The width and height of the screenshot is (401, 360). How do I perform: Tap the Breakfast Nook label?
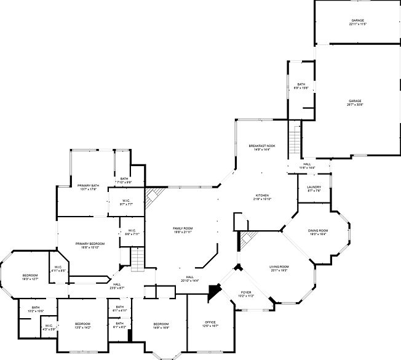(x=262, y=146)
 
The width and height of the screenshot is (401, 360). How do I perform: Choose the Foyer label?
(x=246, y=294)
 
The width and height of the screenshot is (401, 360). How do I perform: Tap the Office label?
(x=210, y=323)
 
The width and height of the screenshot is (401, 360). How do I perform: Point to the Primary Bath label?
(x=89, y=186)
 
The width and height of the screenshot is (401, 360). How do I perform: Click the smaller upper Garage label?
(x=357, y=22)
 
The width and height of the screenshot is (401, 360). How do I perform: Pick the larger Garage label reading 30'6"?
(x=355, y=102)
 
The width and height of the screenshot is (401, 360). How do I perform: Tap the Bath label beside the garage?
(x=301, y=86)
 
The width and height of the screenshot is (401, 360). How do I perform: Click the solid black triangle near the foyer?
(x=214, y=290)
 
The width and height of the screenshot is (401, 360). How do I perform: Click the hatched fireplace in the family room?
(x=152, y=198)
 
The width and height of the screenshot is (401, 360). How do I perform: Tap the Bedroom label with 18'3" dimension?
(x=30, y=276)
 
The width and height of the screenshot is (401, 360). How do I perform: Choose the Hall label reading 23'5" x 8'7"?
(x=117, y=286)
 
